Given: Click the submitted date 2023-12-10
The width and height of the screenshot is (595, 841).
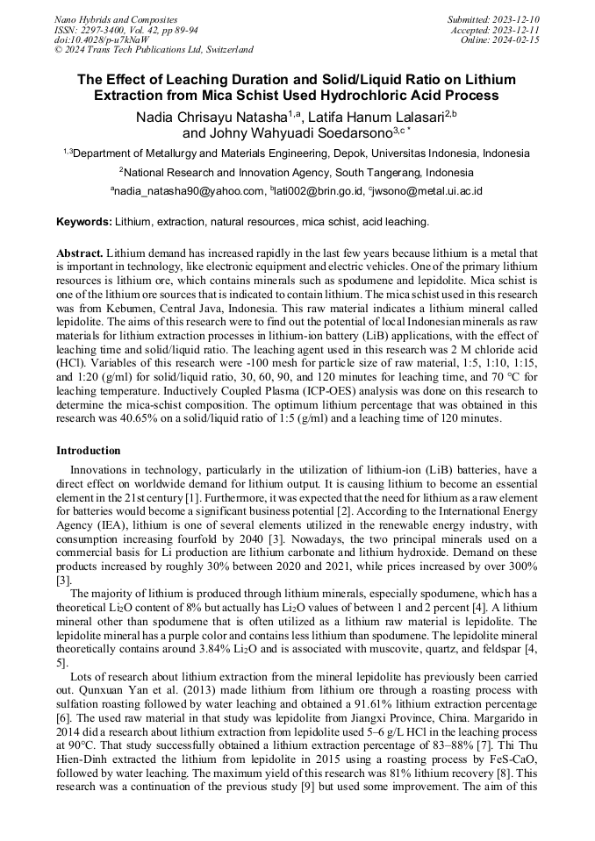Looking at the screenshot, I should (x=517, y=19).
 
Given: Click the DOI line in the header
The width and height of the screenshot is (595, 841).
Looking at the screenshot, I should (x=101, y=39).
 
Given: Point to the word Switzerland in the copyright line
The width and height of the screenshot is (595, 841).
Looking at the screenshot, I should (x=226, y=50).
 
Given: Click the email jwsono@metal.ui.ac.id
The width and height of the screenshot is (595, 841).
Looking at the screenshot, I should (x=428, y=191).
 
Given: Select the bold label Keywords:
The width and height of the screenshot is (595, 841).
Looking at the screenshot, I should (x=84, y=223).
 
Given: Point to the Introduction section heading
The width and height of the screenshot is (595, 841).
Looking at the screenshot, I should (x=89, y=451).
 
